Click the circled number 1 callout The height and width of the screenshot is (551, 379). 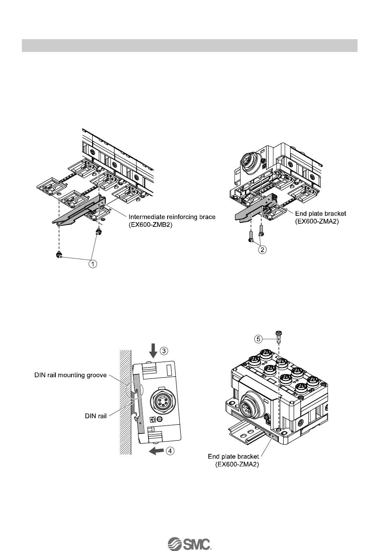(93, 264)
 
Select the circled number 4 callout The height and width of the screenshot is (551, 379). (170, 451)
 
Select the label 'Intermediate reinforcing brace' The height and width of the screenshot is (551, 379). (172, 217)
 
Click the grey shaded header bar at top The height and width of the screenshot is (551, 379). (189, 46)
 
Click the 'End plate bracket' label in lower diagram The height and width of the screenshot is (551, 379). (234, 456)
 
